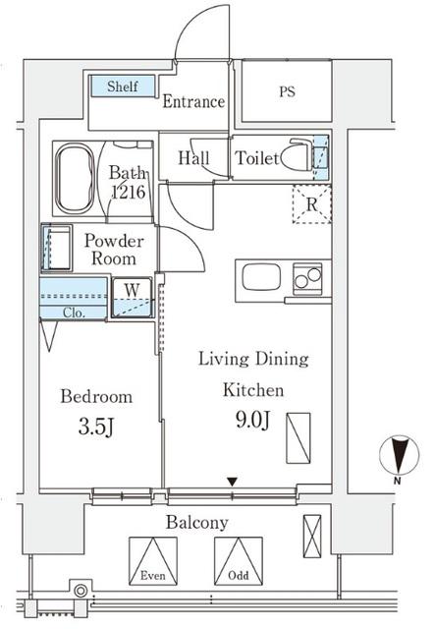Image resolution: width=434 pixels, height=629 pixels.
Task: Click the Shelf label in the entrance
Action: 123,86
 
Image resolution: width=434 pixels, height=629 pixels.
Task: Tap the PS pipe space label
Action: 288,91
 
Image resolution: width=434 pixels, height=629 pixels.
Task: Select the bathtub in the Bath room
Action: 75,179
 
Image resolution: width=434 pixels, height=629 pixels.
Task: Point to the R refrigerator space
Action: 312,204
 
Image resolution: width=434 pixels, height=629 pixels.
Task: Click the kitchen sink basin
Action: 261,276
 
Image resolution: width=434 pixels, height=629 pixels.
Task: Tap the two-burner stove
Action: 307,278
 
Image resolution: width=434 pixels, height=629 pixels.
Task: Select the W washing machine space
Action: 132,298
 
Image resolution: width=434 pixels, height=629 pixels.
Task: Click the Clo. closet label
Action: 75,313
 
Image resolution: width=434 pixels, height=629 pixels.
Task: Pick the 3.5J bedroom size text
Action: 96,427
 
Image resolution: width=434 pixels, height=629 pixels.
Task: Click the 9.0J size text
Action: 252,420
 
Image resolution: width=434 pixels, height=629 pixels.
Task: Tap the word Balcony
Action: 197,522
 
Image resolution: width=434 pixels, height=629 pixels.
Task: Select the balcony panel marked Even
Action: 153,561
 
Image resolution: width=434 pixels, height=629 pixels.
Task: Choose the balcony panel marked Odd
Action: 239,561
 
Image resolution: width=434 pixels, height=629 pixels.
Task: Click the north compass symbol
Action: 399,455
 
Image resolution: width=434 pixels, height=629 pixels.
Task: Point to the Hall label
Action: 194,157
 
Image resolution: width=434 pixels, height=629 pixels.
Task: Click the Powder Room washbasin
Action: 57,248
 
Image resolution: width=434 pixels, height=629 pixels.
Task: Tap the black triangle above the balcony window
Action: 232,481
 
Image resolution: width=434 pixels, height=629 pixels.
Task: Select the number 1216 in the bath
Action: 129,193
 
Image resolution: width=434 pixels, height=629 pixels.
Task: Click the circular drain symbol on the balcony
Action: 81,591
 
